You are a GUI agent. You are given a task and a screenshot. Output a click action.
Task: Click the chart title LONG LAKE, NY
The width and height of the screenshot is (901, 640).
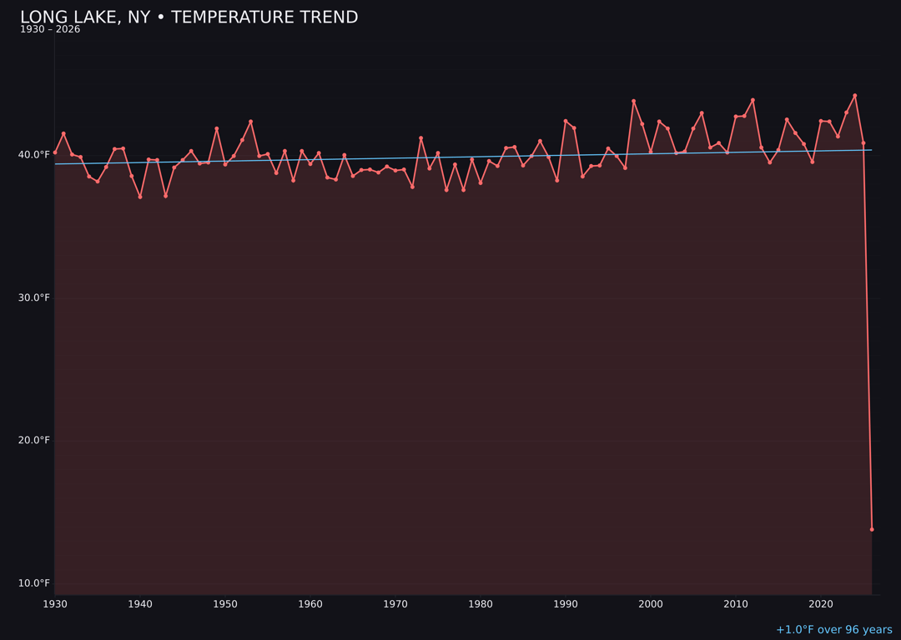(x=189, y=17)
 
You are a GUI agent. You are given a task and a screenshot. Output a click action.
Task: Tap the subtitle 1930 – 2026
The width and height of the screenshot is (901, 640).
(x=50, y=30)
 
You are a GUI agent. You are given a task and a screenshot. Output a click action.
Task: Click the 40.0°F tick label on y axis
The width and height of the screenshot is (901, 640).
(x=34, y=155)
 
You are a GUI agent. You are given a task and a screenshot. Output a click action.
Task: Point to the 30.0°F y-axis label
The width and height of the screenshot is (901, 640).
(x=34, y=297)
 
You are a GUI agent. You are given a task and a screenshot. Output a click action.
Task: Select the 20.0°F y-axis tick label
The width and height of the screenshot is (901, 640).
(x=34, y=441)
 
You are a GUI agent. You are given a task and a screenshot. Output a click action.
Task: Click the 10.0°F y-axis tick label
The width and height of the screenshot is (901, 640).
(x=34, y=583)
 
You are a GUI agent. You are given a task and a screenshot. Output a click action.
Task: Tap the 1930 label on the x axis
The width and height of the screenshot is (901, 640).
(x=55, y=604)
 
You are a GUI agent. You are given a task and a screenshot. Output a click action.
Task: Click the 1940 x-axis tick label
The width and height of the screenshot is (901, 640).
(x=140, y=604)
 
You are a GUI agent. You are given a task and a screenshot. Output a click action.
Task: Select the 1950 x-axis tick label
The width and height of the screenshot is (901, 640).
(x=225, y=604)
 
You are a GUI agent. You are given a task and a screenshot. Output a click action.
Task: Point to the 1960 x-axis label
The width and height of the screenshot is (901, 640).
(x=310, y=604)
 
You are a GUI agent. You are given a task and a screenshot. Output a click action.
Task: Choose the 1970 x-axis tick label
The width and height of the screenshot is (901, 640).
(x=395, y=604)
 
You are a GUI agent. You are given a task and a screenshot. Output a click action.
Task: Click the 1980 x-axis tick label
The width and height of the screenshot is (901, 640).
(x=481, y=604)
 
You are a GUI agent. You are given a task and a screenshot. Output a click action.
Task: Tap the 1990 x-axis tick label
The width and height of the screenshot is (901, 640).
(x=566, y=604)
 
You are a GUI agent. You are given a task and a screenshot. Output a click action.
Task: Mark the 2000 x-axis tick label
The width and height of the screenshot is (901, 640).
(x=651, y=604)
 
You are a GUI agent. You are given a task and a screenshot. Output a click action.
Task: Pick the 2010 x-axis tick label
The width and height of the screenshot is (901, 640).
(x=736, y=604)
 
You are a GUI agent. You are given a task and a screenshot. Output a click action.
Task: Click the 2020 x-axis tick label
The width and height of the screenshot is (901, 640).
(x=821, y=604)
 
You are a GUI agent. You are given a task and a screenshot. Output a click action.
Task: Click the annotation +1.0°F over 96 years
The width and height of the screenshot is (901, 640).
(x=833, y=630)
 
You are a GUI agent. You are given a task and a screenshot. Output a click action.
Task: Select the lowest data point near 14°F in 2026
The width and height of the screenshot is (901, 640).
(x=872, y=529)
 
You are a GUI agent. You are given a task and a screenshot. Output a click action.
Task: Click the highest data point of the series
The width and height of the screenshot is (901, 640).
(x=854, y=96)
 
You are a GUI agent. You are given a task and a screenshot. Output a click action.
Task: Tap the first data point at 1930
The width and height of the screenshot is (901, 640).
(x=55, y=152)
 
